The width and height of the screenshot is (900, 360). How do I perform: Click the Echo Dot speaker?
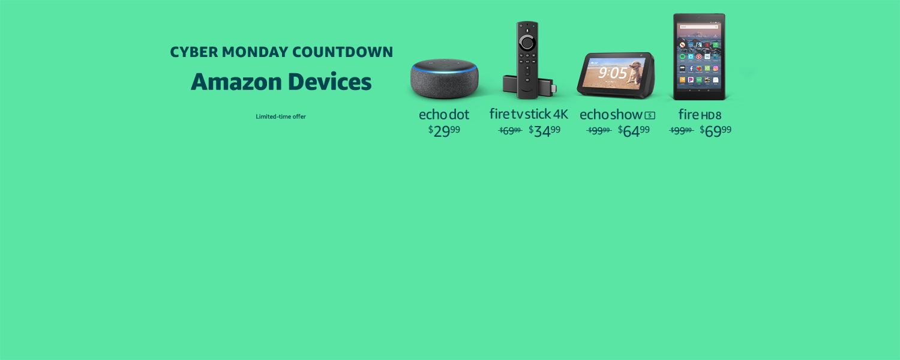click(445, 79)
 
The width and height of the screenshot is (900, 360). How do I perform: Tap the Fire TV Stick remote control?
click(527, 60)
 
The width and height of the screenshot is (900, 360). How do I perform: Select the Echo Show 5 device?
click(616, 76)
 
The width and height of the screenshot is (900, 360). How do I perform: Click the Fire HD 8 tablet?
click(699, 57)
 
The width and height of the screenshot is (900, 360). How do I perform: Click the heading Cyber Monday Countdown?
click(281, 52)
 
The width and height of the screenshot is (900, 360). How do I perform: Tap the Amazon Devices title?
click(281, 82)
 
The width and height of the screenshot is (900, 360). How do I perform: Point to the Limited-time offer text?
click(281, 116)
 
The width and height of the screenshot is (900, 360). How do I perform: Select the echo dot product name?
click(444, 114)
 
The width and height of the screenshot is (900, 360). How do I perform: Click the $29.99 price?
click(444, 131)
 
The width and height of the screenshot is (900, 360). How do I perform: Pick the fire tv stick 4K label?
click(529, 114)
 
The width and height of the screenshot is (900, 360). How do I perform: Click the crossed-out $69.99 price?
click(510, 131)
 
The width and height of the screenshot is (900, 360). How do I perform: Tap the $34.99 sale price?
click(545, 131)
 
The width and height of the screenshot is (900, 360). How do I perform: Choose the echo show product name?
click(611, 114)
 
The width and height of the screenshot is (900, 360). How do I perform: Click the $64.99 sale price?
click(634, 131)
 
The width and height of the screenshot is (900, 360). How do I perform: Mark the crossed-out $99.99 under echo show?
click(599, 131)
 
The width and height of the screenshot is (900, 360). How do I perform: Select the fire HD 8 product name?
click(700, 114)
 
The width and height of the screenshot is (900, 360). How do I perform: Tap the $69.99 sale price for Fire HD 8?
click(715, 131)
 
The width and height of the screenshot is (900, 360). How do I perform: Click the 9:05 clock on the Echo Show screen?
click(612, 73)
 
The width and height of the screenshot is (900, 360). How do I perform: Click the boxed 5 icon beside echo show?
click(650, 115)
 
